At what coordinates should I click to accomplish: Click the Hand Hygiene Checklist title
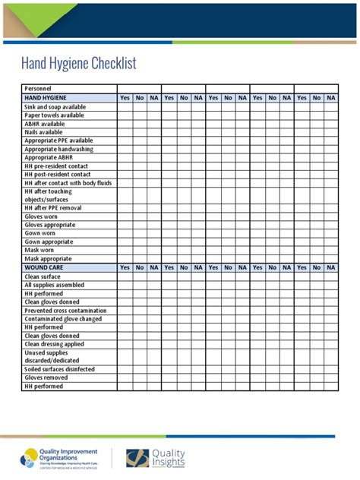[79, 64]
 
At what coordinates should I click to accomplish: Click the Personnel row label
[38, 90]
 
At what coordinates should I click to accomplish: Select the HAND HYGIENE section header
[46, 98]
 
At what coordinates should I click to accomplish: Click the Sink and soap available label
[55, 107]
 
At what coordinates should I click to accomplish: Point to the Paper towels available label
[55, 115]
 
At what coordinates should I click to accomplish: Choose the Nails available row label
[43, 132]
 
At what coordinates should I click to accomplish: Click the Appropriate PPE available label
[58, 141]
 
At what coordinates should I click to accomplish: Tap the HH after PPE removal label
[53, 208]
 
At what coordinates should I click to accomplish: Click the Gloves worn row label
[41, 216]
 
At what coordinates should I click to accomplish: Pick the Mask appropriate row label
[48, 258]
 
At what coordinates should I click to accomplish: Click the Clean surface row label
[43, 276]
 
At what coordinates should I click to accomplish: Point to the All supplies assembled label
[54, 285]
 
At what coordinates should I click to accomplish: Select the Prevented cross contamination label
[65, 311]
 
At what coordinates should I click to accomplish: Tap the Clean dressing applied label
[55, 344]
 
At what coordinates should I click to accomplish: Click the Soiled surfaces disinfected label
[60, 369]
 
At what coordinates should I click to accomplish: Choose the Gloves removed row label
[46, 377]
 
